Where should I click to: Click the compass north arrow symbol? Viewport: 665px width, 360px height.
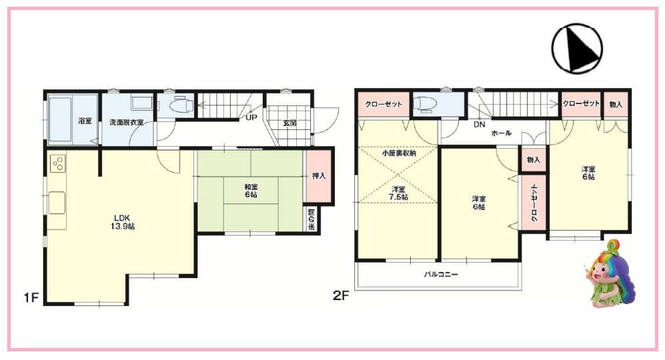tap(577, 47)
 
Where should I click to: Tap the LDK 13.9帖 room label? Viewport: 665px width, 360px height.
tap(123, 222)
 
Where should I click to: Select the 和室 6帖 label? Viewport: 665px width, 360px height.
tap(251, 191)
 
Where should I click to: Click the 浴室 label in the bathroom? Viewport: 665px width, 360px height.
tap(85, 121)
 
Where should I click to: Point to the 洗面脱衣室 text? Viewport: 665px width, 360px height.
tap(126, 122)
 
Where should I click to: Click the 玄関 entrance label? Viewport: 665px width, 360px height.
tap(289, 123)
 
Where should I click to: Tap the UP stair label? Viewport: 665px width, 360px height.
tap(251, 117)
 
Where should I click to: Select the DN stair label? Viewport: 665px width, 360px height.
tap(480, 125)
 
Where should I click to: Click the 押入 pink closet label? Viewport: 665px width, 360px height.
tap(319, 175)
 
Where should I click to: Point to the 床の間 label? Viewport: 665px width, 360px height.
tap(311, 219)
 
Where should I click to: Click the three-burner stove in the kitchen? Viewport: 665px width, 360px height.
tap(57, 163)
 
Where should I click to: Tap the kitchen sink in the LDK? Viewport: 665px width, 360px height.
tap(57, 203)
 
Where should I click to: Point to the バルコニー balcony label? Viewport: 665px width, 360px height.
tap(441, 275)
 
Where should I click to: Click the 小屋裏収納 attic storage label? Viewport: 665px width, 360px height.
tap(399, 153)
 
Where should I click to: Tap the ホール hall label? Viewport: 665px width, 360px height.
tap(502, 133)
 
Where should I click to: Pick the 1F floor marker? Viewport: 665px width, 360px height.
tap(31, 298)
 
